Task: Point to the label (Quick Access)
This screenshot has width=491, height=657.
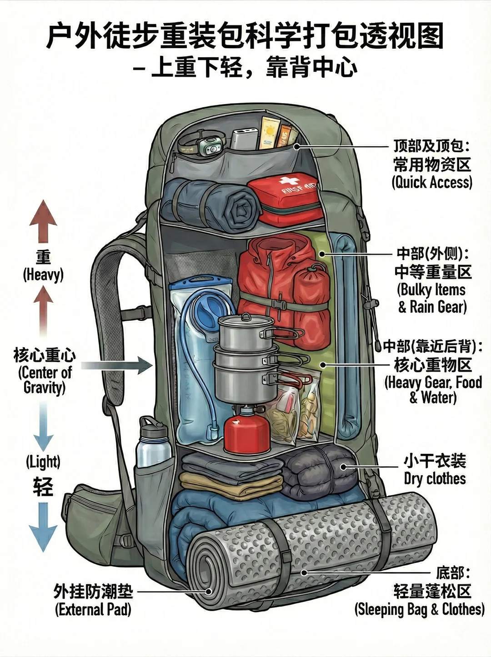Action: point(432,182)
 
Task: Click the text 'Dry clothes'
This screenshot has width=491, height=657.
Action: point(435,478)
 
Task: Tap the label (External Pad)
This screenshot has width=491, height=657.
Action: point(93,609)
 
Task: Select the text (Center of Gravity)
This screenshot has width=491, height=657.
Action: point(45,380)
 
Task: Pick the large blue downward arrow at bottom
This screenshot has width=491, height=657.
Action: point(43,528)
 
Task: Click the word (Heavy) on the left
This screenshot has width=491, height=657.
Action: point(43,274)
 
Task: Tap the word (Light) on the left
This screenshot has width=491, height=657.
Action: point(43,462)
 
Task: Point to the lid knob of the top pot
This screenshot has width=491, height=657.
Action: point(245,315)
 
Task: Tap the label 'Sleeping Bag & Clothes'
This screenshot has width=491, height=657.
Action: point(419,609)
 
